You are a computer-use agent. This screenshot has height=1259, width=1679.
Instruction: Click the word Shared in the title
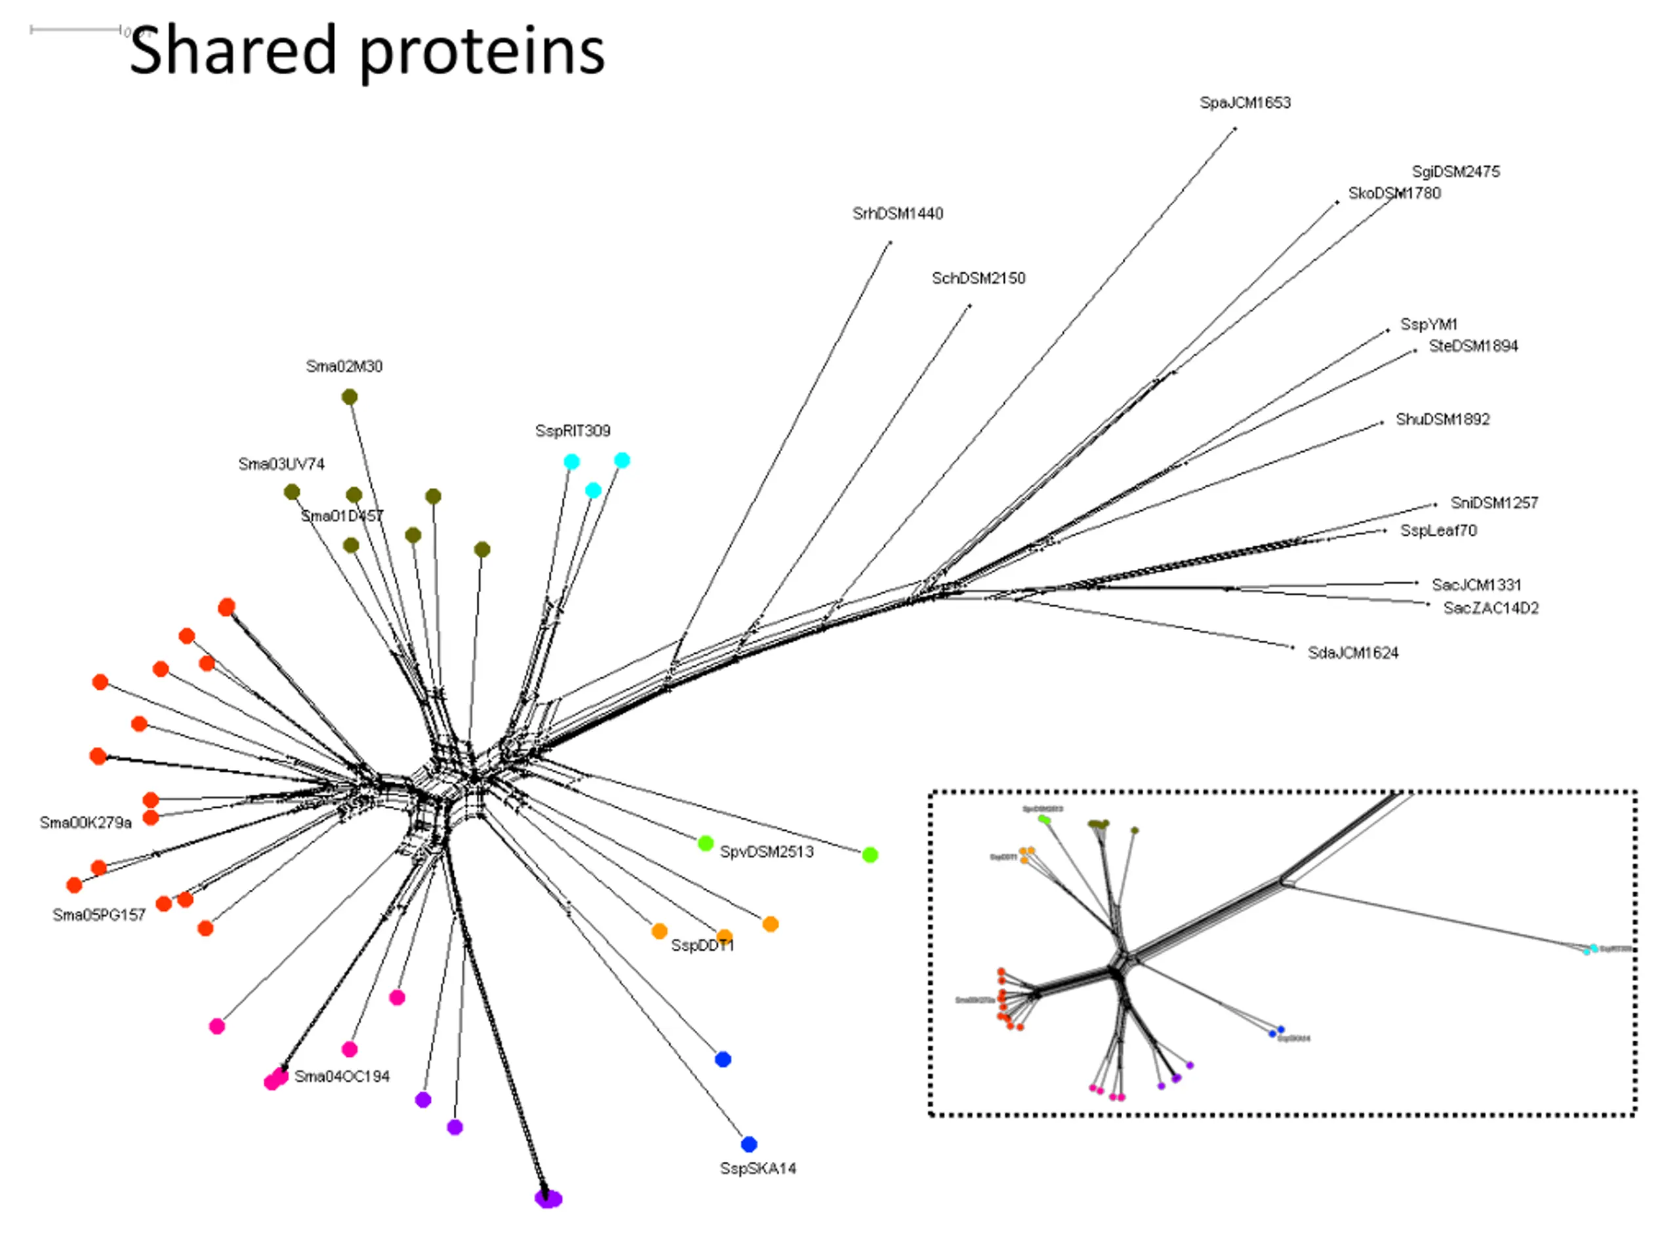tap(232, 51)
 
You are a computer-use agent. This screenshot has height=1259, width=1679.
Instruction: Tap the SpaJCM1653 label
tap(1245, 102)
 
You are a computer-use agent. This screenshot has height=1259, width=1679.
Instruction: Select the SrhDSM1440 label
tap(897, 213)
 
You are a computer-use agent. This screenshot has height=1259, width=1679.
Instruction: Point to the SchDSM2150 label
tap(979, 279)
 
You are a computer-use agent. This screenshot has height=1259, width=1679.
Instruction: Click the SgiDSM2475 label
tap(1455, 172)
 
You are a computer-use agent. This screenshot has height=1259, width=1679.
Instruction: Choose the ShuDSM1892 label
tap(1442, 420)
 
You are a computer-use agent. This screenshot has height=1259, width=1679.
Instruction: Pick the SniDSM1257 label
tap(1494, 502)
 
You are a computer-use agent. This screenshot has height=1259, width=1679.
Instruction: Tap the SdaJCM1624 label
tap(1352, 652)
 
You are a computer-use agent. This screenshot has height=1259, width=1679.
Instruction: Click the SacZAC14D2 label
tap(1490, 608)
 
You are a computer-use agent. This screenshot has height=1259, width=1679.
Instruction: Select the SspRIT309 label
tap(573, 431)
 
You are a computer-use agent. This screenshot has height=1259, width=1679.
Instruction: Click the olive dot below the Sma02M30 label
tap(349, 397)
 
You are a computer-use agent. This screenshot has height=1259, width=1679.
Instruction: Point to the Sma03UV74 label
tap(281, 464)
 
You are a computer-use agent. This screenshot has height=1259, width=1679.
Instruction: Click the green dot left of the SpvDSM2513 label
tap(705, 843)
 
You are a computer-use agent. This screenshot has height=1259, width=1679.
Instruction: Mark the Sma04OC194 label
tap(342, 1076)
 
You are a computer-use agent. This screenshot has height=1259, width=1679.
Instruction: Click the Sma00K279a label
tap(85, 823)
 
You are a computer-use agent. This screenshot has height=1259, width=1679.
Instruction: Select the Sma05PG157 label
tap(98, 915)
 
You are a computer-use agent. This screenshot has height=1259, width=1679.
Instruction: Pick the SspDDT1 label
tap(702, 946)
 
